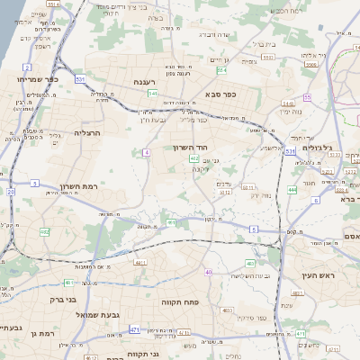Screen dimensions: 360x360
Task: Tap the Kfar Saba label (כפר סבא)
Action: click(x=220, y=93)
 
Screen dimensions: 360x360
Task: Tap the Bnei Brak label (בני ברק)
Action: click(x=62, y=297)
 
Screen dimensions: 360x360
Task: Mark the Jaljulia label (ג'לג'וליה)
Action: click(x=319, y=147)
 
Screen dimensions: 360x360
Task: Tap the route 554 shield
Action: click(x=221, y=69)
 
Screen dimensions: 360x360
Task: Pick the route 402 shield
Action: click(x=193, y=158)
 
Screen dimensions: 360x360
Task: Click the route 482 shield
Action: click(x=44, y=232)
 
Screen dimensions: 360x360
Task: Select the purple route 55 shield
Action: click(x=307, y=97)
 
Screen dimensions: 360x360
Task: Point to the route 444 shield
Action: click(x=292, y=190)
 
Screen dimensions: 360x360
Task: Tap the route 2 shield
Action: click(x=27, y=67)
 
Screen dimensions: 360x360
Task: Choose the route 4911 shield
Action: click(x=140, y=263)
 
